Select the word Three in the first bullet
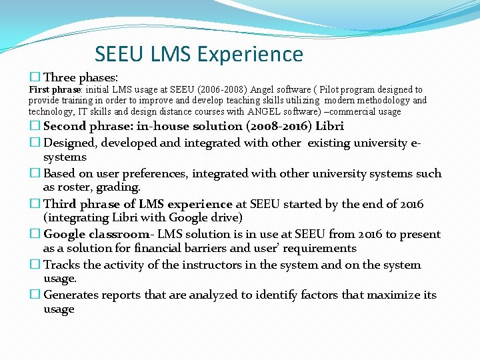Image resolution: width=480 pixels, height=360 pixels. [59, 77]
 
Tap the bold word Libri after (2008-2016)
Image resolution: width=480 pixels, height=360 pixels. [329, 126]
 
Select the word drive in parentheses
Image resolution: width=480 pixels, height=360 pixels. [227, 217]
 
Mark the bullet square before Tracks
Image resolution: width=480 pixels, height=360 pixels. [35, 265]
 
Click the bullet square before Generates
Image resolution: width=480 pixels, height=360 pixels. [35, 295]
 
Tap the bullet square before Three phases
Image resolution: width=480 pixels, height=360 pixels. [35, 77]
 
